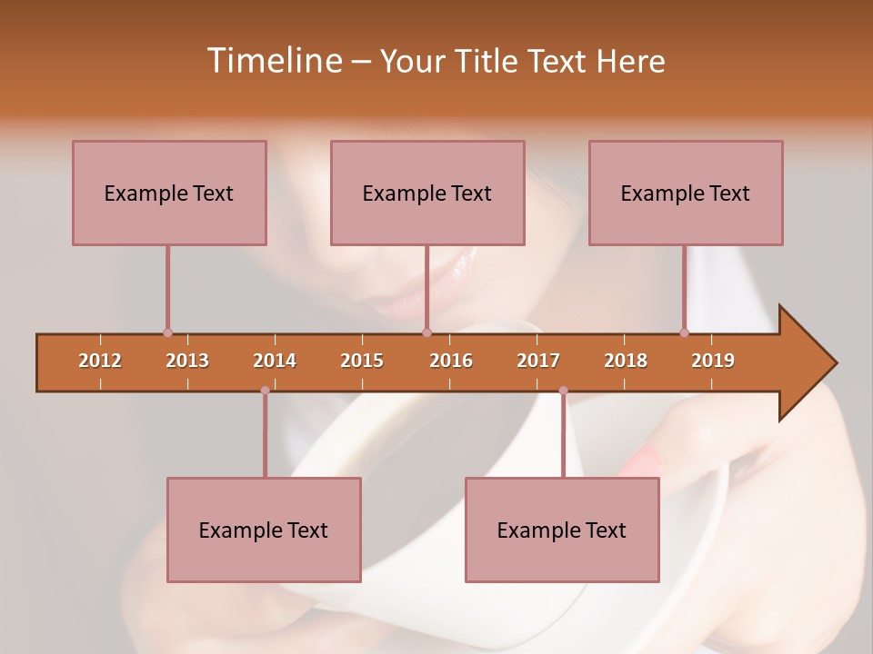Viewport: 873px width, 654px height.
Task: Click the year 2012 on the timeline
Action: [100, 361]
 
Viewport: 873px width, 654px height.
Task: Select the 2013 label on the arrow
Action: [187, 361]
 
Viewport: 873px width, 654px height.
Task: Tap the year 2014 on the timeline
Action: [275, 361]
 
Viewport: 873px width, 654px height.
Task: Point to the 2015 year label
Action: [362, 361]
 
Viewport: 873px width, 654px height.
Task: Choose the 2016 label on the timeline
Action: [451, 361]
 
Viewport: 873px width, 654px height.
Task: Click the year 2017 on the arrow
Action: [538, 361]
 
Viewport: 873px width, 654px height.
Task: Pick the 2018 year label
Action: [626, 361]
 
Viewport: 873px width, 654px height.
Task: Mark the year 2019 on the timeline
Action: [713, 361]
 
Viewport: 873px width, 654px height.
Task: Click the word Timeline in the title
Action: [273, 61]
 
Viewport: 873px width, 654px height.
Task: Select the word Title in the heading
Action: [488, 61]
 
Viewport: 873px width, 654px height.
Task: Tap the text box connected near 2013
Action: [169, 193]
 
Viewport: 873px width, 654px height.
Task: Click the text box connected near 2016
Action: [427, 193]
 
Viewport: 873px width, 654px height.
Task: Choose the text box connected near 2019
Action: [686, 193]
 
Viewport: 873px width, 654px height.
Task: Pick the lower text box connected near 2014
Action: [264, 530]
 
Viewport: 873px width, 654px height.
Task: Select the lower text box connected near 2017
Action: [562, 530]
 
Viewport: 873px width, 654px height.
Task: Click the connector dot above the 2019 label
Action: [685, 332]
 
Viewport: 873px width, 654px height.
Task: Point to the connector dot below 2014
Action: [265, 391]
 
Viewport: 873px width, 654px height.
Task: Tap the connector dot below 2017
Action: [563, 391]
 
